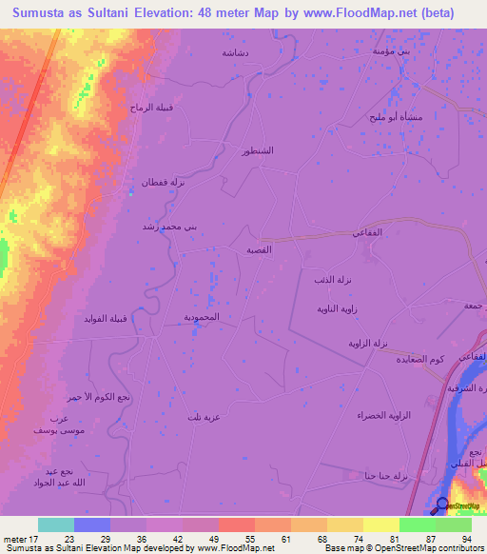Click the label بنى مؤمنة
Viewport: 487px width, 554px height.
point(391,49)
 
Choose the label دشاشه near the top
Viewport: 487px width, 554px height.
point(235,53)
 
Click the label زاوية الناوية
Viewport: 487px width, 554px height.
point(337,309)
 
